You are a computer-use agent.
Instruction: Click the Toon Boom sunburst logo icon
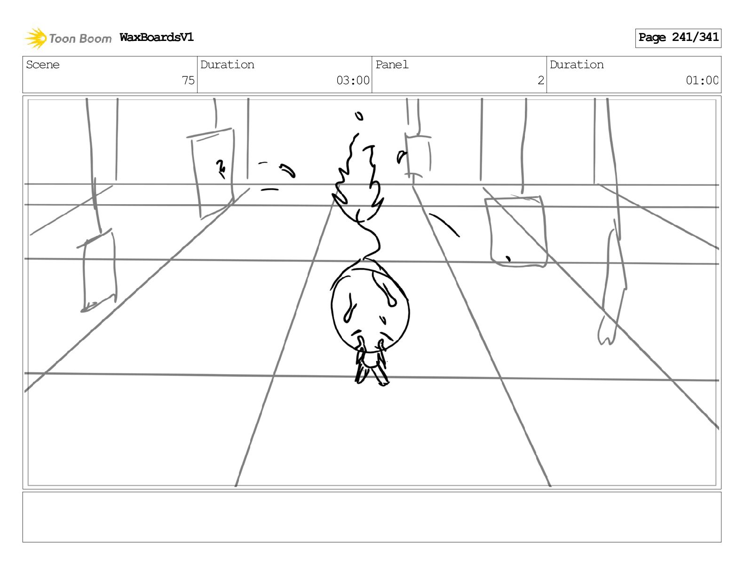pyautogui.click(x=36, y=38)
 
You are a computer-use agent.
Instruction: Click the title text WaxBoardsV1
pyautogui.click(x=157, y=37)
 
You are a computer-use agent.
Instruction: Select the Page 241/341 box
pyautogui.click(x=678, y=38)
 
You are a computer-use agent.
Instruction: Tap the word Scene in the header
pyautogui.click(x=43, y=65)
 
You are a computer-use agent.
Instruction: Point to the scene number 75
pyautogui.click(x=188, y=80)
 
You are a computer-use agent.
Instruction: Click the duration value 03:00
pyautogui.click(x=353, y=80)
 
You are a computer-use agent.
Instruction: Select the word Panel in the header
pyautogui.click(x=392, y=65)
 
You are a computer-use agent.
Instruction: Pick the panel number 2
pyautogui.click(x=541, y=80)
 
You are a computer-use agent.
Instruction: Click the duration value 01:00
pyautogui.click(x=702, y=80)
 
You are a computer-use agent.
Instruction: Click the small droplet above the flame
pyautogui.click(x=359, y=116)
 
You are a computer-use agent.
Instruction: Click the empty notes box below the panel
pyautogui.click(x=372, y=517)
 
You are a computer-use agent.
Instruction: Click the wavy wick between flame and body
pyautogui.click(x=372, y=240)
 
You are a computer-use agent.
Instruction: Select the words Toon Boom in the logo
pyautogui.click(x=80, y=39)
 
